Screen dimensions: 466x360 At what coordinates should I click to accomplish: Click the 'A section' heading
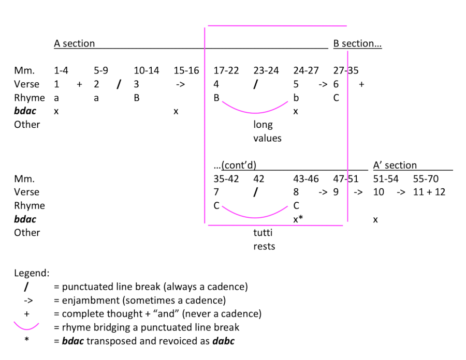pyautogui.click(x=74, y=43)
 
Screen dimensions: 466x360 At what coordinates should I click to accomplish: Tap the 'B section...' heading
pyautogui.click(x=357, y=43)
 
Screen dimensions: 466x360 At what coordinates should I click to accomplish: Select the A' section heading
pyautogui.click(x=395, y=165)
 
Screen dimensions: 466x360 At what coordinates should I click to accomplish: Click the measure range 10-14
pyautogui.click(x=146, y=70)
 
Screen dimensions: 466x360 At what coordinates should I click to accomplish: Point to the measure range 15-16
pyautogui.click(x=186, y=70)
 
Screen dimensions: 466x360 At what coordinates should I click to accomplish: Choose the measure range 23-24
pyautogui.click(x=266, y=70)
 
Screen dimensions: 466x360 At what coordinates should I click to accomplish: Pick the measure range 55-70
pyautogui.click(x=426, y=178)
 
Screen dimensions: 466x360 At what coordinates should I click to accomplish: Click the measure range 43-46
pyautogui.click(x=306, y=178)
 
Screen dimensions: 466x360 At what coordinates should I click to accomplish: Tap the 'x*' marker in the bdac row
pyautogui.click(x=298, y=219)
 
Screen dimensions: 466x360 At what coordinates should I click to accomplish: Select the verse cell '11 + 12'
pyautogui.click(x=429, y=192)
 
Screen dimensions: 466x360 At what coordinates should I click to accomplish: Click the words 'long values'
pyautogui.click(x=267, y=131)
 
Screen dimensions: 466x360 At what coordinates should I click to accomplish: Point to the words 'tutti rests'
pyautogui.click(x=264, y=239)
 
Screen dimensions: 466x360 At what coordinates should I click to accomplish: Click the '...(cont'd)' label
pyautogui.click(x=235, y=165)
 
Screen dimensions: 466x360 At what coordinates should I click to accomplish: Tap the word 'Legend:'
pyautogui.click(x=32, y=273)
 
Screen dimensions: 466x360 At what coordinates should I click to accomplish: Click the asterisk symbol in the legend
pyautogui.click(x=27, y=339)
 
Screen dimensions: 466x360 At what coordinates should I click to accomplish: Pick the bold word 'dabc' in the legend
pyautogui.click(x=224, y=341)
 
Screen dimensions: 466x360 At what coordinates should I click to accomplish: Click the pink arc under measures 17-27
pyautogui.click(x=255, y=113)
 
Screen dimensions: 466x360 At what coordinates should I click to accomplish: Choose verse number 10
pyautogui.click(x=378, y=192)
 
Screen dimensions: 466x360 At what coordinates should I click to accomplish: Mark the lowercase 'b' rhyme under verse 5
pyautogui.click(x=296, y=98)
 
